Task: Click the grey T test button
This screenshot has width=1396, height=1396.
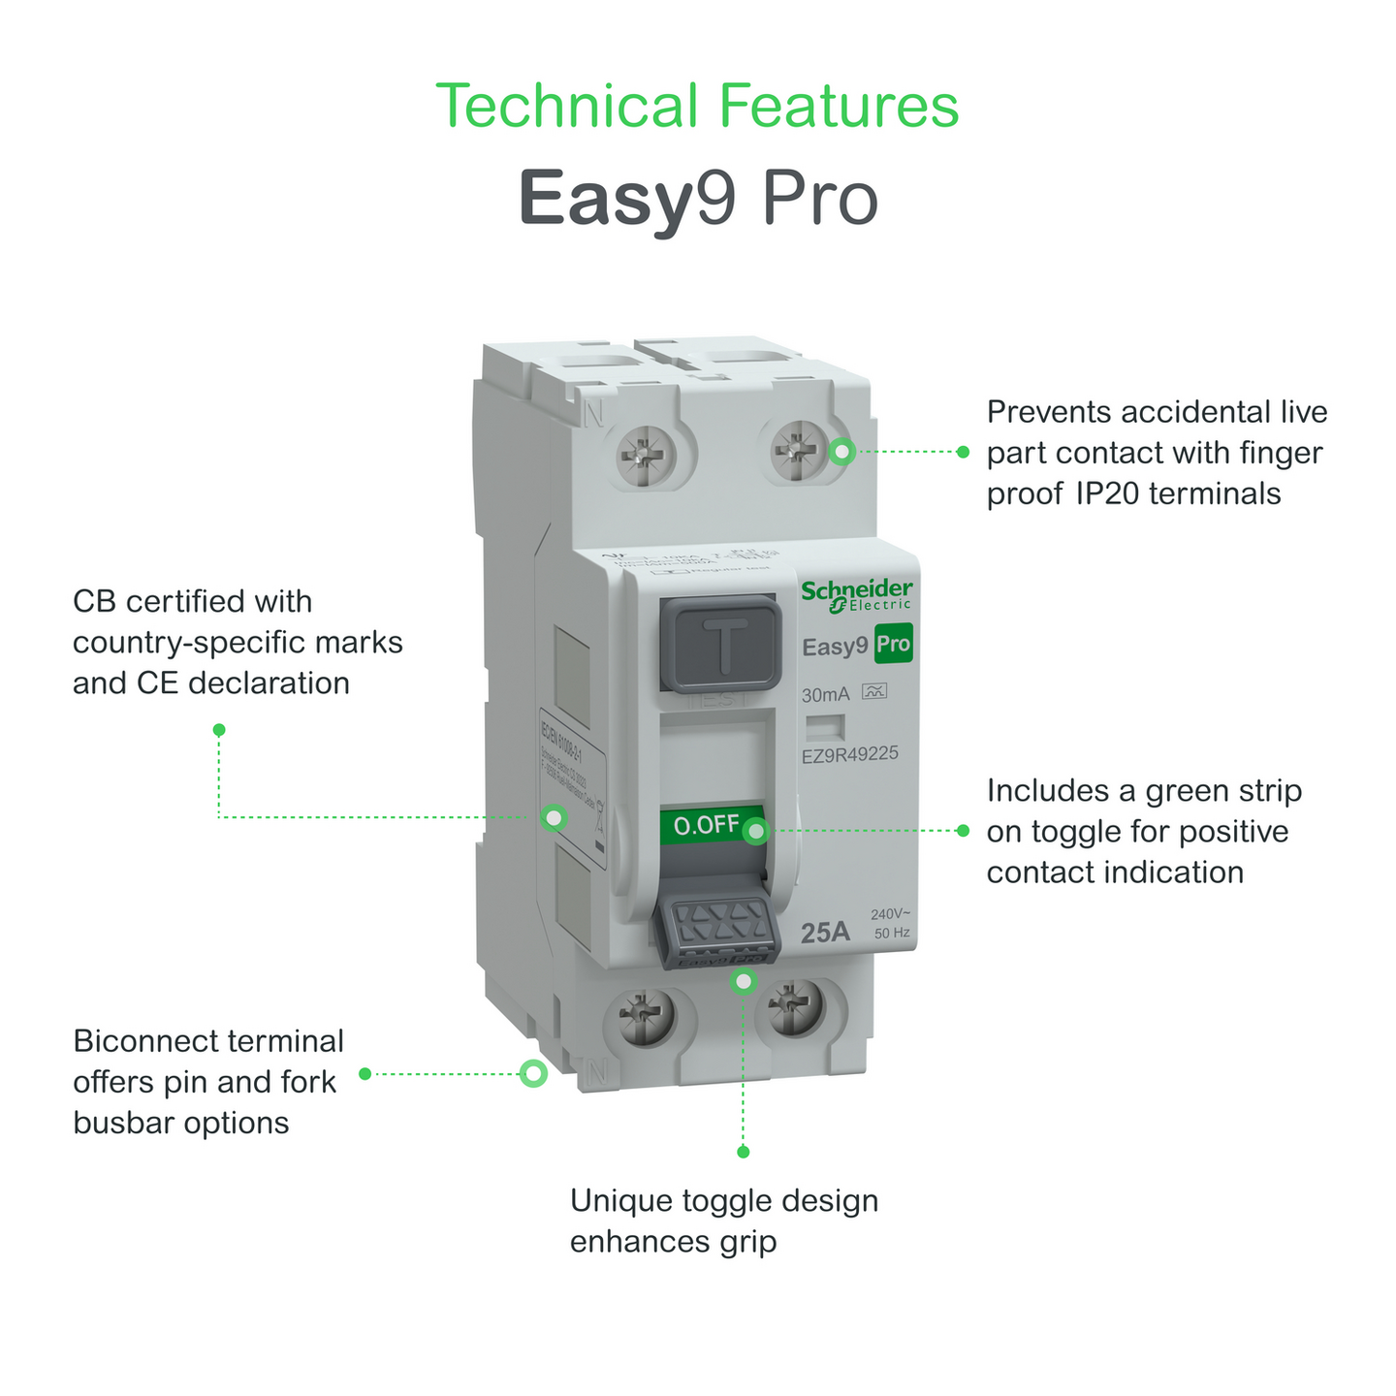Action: coord(720,643)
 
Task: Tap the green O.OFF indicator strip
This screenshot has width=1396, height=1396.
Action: coord(708,825)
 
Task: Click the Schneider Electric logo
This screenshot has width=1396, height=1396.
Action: coord(856,595)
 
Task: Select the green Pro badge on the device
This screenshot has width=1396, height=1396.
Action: coord(893,645)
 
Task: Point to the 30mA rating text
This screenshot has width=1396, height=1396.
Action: coord(825,694)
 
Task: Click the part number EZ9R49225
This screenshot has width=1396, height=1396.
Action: coord(849,753)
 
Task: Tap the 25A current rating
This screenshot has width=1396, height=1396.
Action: coord(825,932)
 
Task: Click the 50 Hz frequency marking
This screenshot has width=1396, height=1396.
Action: coord(892,934)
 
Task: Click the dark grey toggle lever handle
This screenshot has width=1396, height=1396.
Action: coord(718,931)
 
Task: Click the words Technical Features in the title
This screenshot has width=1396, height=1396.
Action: coord(697,106)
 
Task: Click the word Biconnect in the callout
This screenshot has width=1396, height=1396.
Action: coord(141,1041)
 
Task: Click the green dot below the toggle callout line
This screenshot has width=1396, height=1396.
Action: coord(744,1152)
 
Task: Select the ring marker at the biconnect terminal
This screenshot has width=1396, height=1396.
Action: coord(533,1073)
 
